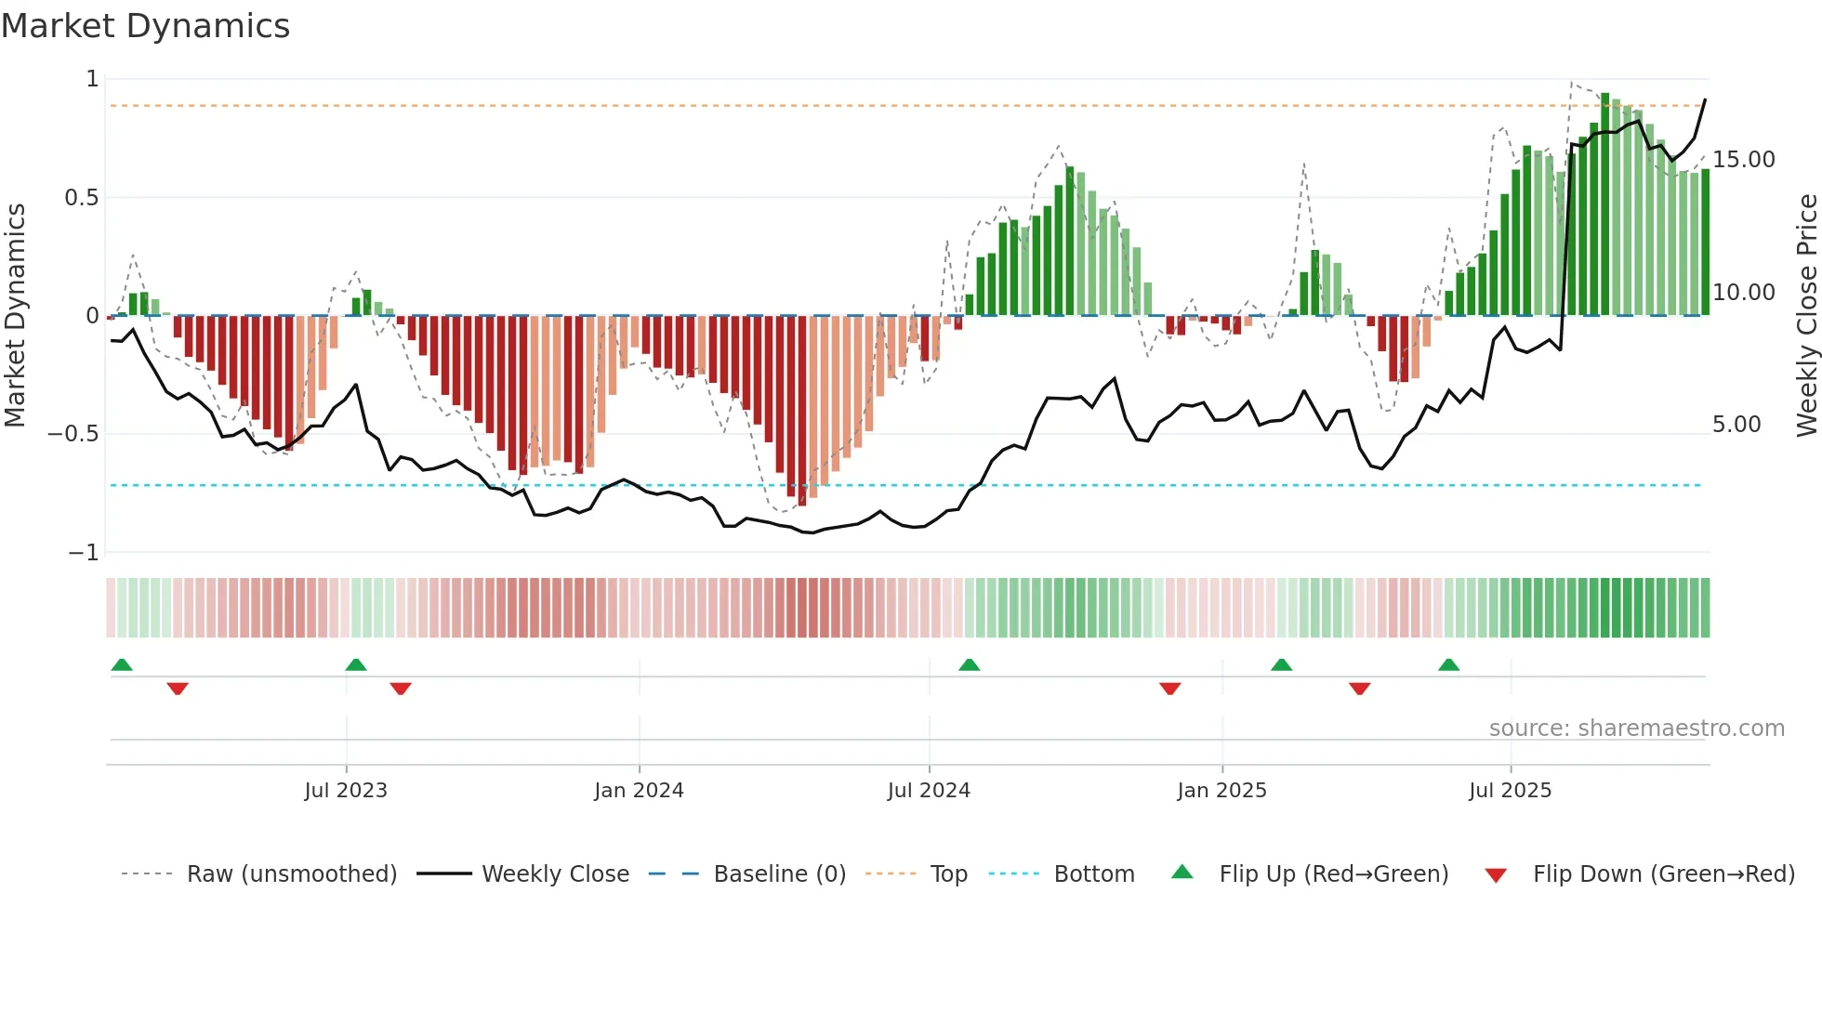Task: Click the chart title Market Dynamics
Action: click(x=145, y=26)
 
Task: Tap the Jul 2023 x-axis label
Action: click(x=346, y=791)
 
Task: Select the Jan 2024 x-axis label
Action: click(x=639, y=791)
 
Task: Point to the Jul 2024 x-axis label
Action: click(x=929, y=791)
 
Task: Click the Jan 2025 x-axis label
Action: click(x=1221, y=791)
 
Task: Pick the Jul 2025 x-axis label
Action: click(x=1510, y=791)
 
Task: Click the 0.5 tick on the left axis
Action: click(x=81, y=198)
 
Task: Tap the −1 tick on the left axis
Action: click(x=83, y=553)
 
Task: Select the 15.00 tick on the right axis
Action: click(x=1743, y=160)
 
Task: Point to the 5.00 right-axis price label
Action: click(x=1736, y=425)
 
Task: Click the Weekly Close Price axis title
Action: click(x=1806, y=315)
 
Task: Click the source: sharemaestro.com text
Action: click(x=1636, y=729)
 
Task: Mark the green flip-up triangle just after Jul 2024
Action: click(x=969, y=664)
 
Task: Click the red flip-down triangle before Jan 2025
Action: click(x=1169, y=689)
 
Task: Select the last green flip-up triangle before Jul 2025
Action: click(x=1448, y=664)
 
